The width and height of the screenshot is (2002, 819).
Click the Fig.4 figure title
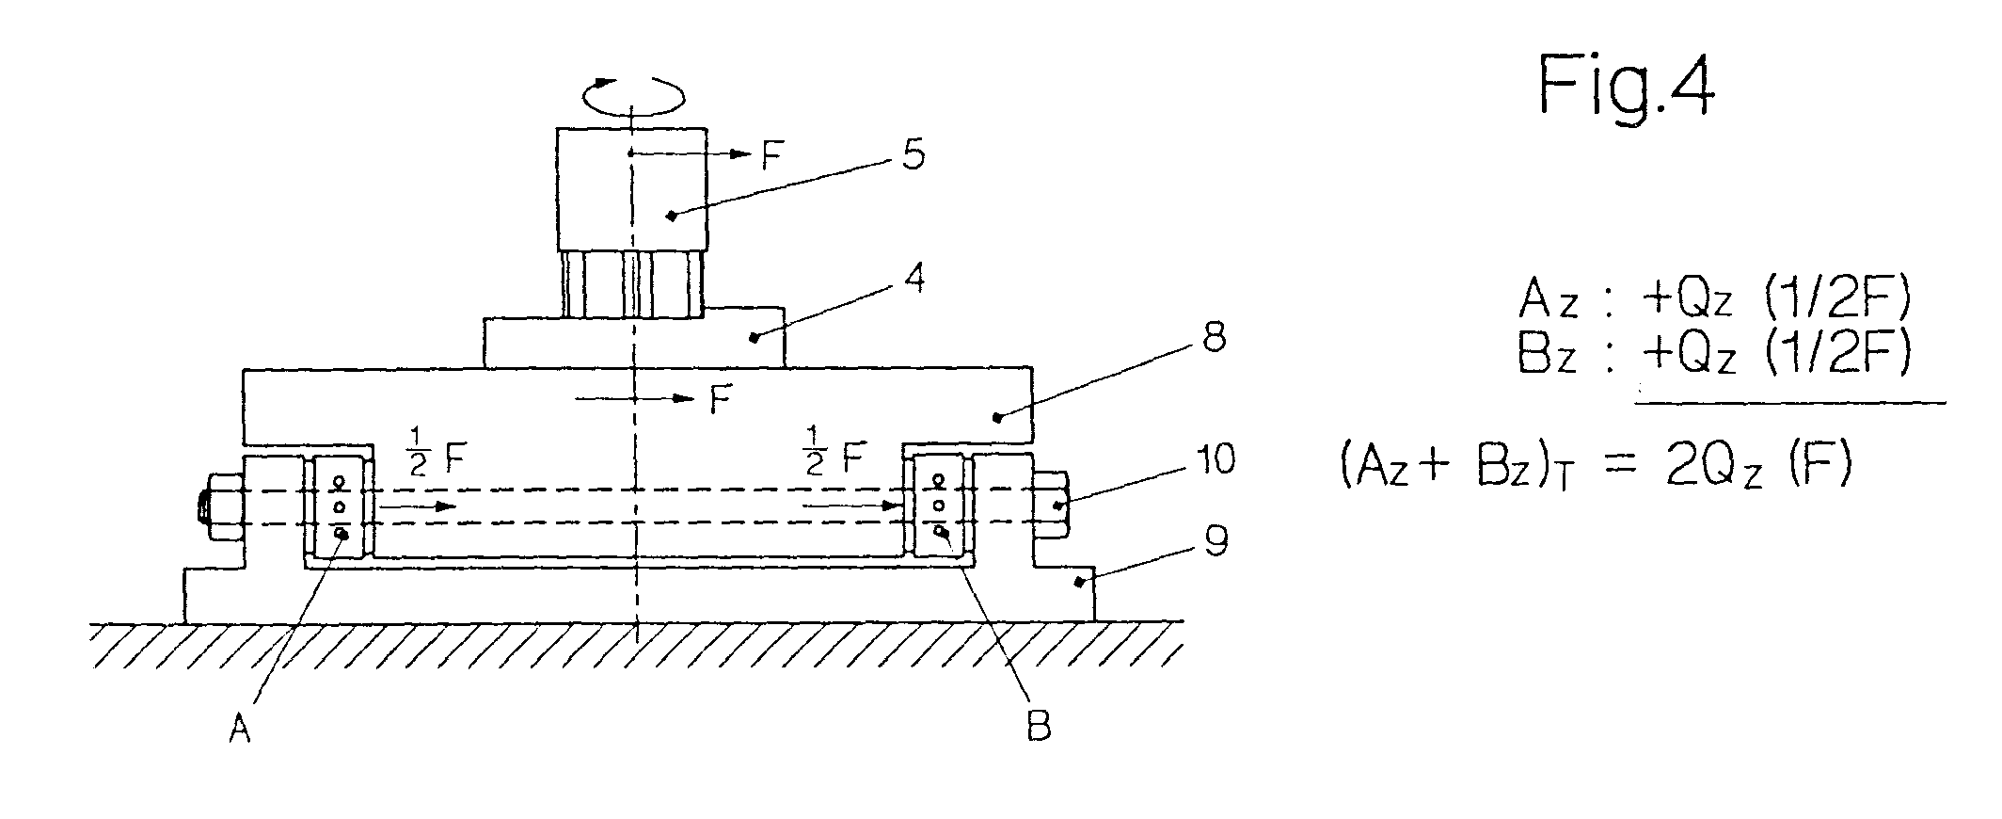point(1626,87)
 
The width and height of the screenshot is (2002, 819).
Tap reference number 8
point(1214,338)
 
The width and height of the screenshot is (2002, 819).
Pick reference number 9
point(1215,543)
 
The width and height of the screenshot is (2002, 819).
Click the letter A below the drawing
point(240,731)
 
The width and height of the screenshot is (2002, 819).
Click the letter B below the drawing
point(1038,728)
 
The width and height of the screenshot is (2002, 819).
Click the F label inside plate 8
point(720,401)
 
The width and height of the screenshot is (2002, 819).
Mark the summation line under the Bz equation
point(1789,403)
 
